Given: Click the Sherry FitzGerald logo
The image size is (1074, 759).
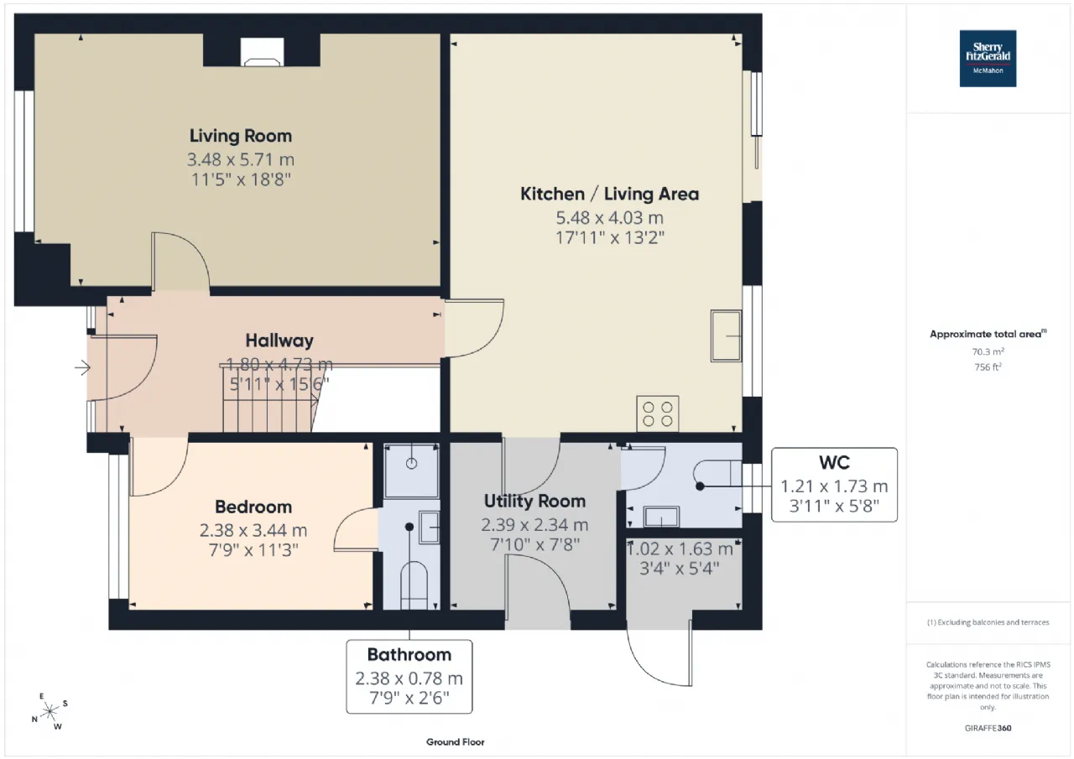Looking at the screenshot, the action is (x=988, y=59).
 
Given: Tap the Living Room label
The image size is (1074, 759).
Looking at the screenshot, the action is (x=241, y=136).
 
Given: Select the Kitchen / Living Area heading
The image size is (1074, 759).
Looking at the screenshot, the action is (x=609, y=194).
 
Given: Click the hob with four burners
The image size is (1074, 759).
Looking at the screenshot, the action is (x=657, y=414).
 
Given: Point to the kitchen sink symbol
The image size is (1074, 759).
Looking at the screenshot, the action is (x=726, y=335).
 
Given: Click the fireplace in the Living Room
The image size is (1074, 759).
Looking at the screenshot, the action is (x=262, y=52).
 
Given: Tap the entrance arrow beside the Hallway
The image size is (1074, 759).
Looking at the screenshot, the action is (x=82, y=368).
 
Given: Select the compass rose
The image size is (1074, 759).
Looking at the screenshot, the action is (x=50, y=711).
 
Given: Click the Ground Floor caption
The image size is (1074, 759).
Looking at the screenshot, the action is (x=456, y=742).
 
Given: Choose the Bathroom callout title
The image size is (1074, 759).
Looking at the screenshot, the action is (x=409, y=654).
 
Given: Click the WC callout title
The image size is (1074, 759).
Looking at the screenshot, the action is (x=834, y=462).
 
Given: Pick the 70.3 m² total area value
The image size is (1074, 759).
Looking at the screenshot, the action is (x=988, y=351).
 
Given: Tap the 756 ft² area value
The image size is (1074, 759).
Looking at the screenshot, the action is (x=988, y=367).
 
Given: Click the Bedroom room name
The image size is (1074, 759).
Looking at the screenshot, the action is (x=253, y=507).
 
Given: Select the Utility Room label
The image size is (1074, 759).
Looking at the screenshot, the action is (x=534, y=502).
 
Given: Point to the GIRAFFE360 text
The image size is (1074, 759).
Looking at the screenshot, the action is (x=988, y=728).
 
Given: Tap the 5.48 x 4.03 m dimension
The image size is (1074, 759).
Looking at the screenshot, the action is (x=609, y=218).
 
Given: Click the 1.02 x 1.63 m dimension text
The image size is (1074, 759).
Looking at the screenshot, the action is (x=680, y=549).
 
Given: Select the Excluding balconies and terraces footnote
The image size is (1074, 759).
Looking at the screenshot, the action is (x=988, y=622).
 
